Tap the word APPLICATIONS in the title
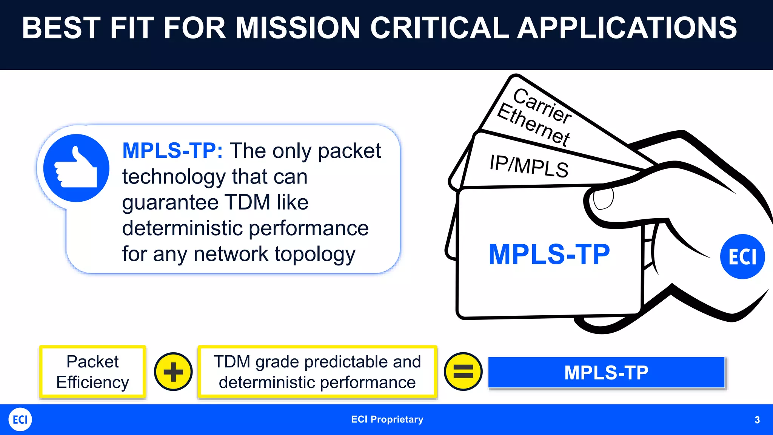pyautogui.click(x=627, y=28)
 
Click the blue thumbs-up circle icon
pyautogui.click(x=76, y=168)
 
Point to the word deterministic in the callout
pyautogui.click(x=183, y=228)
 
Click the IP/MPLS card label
pyautogui.click(x=528, y=166)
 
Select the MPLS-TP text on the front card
pyautogui.click(x=549, y=255)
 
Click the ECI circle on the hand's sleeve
pyautogui.click(x=742, y=257)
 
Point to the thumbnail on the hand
pyautogui.click(x=603, y=198)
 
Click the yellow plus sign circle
pyautogui.click(x=173, y=372)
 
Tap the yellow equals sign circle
pyautogui.click(x=463, y=372)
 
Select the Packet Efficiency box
pyautogui.click(x=92, y=372)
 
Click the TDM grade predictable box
pyautogui.click(x=317, y=372)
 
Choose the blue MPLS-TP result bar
pyautogui.click(x=606, y=372)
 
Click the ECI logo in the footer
pyautogui.click(x=20, y=420)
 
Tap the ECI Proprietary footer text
pyautogui.click(x=387, y=420)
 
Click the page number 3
pyautogui.click(x=757, y=420)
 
